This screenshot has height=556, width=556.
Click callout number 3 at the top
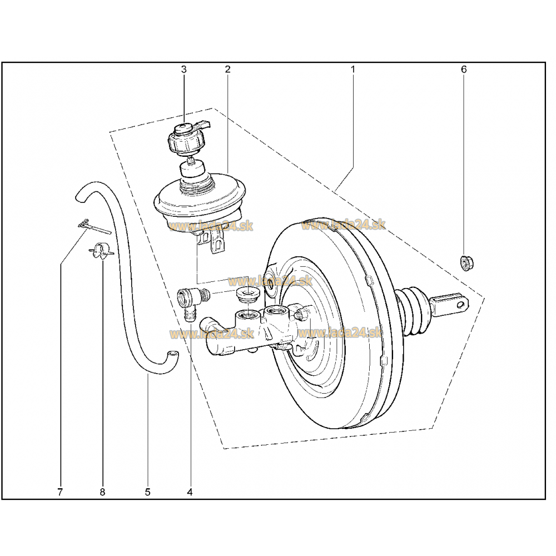click(x=183, y=69)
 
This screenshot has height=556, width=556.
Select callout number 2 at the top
click(x=227, y=69)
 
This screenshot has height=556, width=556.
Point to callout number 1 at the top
click(x=353, y=69)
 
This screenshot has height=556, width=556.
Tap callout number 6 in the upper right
click(x=464, y=69)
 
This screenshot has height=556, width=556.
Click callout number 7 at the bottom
click(x=60, y=492)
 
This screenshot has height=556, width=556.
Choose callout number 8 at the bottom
click(x=102, y=492)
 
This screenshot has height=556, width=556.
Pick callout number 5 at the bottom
click(x=147, y=492)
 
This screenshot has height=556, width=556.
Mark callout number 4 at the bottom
click(x=190, y=492)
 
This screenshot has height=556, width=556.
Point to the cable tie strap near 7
click(x=93, y=227)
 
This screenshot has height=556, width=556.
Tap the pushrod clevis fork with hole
click(x=451, y=305)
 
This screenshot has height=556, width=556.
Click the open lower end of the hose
click(x=173, y=353)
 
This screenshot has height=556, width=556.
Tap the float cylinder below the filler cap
click(x=192, y=168)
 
